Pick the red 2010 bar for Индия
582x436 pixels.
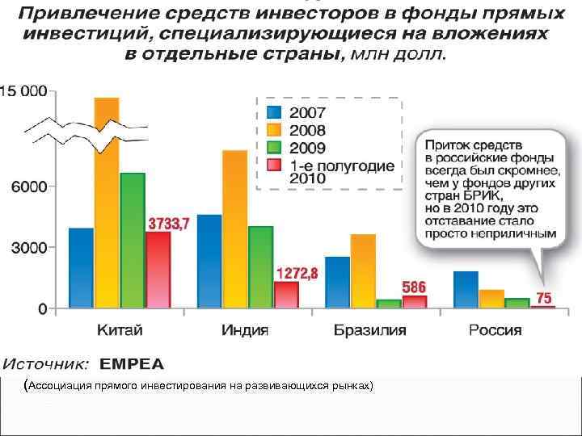(x=286, y=295)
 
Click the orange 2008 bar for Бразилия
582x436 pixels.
(x=363, y=271)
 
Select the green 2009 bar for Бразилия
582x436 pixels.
(x=389, y=304)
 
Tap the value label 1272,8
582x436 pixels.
(x=297, y=274)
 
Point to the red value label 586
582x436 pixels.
(x=414, y=287)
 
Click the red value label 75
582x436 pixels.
(x=544, y=297)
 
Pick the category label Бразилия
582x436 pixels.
(x=369, y=330)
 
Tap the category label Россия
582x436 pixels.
(x=495, y=330)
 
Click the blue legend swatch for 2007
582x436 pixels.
(x=274, y=112)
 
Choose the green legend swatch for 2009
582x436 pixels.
(x=274, y=148)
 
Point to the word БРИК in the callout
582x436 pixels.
(x=483, y=195)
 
